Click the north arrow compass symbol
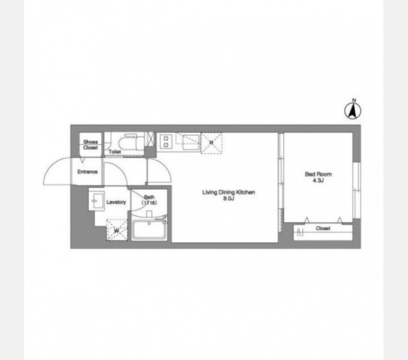(352, 111)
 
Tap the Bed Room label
(319, 174)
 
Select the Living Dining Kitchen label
(229, 192)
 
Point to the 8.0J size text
(229, 198)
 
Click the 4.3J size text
(318, 180)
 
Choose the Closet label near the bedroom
(323, 229)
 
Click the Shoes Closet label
(91, 145)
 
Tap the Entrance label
(88, 172)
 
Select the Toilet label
(115, 152)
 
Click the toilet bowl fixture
(131, 142)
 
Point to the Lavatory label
(116, 202)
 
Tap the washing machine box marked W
(117, 230)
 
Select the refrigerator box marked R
(212, 143)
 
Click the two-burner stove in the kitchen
(166, 141)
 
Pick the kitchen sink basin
(191, 143)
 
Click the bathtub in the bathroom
(149, 230)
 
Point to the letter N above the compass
(354, 100)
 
